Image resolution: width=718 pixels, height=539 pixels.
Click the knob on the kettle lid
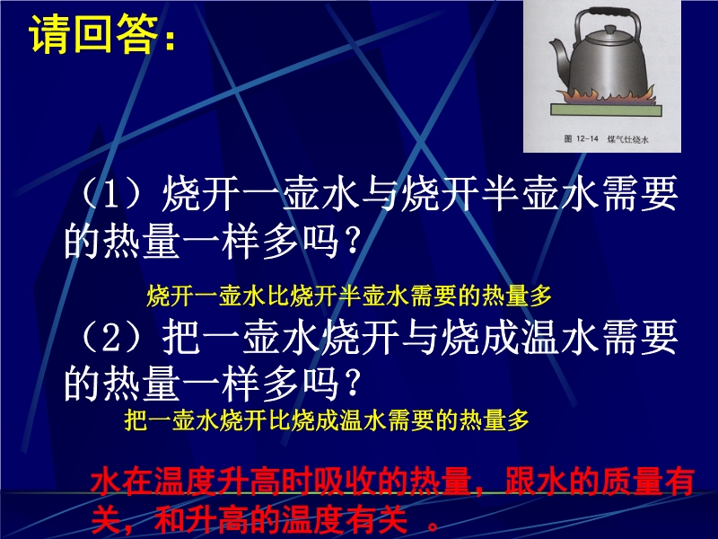(x=610, y=31)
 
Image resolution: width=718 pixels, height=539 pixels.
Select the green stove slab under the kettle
(x=607, y=110)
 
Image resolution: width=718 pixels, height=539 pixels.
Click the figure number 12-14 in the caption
(x=588, y=139)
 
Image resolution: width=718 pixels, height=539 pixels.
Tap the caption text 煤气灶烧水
(x=627, y=139)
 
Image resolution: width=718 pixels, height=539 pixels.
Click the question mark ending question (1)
(x=352, y=241)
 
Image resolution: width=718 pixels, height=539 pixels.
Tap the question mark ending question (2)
(x=352, y=384)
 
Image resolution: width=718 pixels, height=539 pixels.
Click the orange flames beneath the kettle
(x=605, y=96)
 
